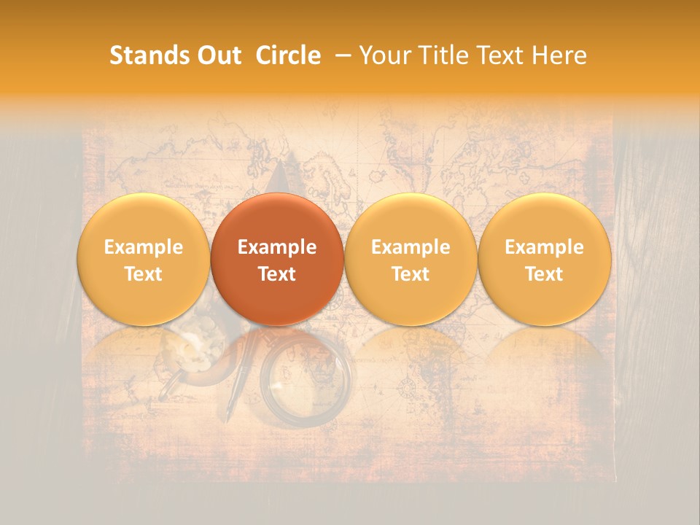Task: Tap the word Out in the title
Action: click(217, 55)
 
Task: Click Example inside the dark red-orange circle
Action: click(277, 247)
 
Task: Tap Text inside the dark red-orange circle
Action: click(277, 274)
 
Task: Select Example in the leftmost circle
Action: click(143, 247)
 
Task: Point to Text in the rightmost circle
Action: click(545, 274)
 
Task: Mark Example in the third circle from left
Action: click(411, 247)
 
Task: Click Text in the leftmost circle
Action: click(143, 274)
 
